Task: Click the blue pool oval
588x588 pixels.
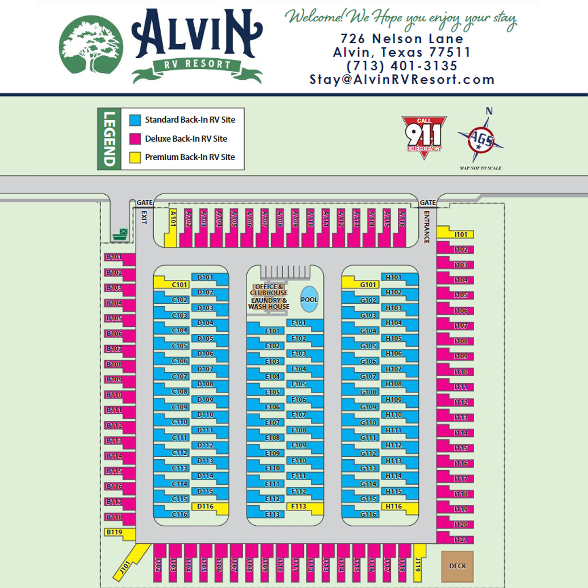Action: click(309, 300)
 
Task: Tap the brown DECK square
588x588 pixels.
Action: click(457, 566)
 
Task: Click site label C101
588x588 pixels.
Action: click(179, 285)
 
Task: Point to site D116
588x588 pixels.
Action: click(206, 506)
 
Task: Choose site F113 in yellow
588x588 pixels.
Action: click(299, 506)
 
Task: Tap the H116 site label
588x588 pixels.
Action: click(394, 506)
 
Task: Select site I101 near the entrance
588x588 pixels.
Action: click(461, 234)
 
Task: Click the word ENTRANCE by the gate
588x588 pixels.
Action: click(427, 227)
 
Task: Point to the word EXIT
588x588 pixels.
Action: click(144, 217)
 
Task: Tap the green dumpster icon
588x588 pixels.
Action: click(120, 235)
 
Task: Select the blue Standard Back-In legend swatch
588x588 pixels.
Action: click(135, 120)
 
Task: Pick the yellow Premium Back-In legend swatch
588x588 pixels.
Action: click(135, 157)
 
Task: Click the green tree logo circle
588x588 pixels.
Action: click(91, 45)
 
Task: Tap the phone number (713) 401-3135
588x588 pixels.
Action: click(402, 66)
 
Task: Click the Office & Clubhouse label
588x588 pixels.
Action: click(269, 290)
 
